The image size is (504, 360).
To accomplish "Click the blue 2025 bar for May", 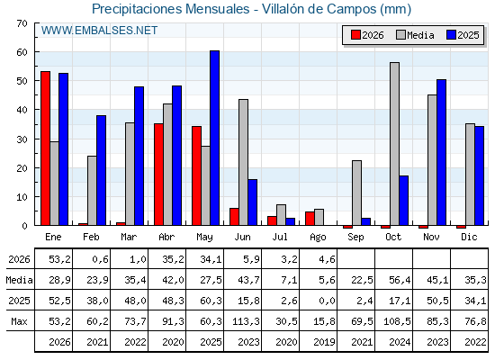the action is tap(215, 138).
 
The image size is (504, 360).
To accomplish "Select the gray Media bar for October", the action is tap(395, 144).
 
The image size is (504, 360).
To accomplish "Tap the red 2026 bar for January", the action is tap(45, 148).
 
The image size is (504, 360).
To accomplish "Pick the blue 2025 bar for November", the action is tap(442, 152).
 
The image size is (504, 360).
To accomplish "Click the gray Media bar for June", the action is tap(244, 162).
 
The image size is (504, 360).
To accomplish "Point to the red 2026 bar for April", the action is tap(158, 175).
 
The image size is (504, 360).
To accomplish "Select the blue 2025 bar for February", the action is tap(101, 170).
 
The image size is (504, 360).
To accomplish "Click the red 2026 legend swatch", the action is tap(355, 35).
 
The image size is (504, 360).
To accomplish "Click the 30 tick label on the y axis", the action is tap(22, 139).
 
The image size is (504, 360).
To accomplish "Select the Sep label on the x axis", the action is tap(355, 238).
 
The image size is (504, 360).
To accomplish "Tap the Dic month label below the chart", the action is tap(469, 237).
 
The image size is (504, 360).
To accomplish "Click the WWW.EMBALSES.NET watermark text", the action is tap(99, 31).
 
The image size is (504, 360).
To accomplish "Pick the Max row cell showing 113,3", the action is tap(246, 321).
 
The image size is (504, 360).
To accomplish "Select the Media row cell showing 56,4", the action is tap(400, 280).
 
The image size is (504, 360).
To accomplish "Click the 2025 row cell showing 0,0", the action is tap(327, 301).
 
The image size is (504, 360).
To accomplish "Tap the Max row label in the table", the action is tap(19, 321).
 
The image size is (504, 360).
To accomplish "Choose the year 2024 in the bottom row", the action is tap(400, 342).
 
